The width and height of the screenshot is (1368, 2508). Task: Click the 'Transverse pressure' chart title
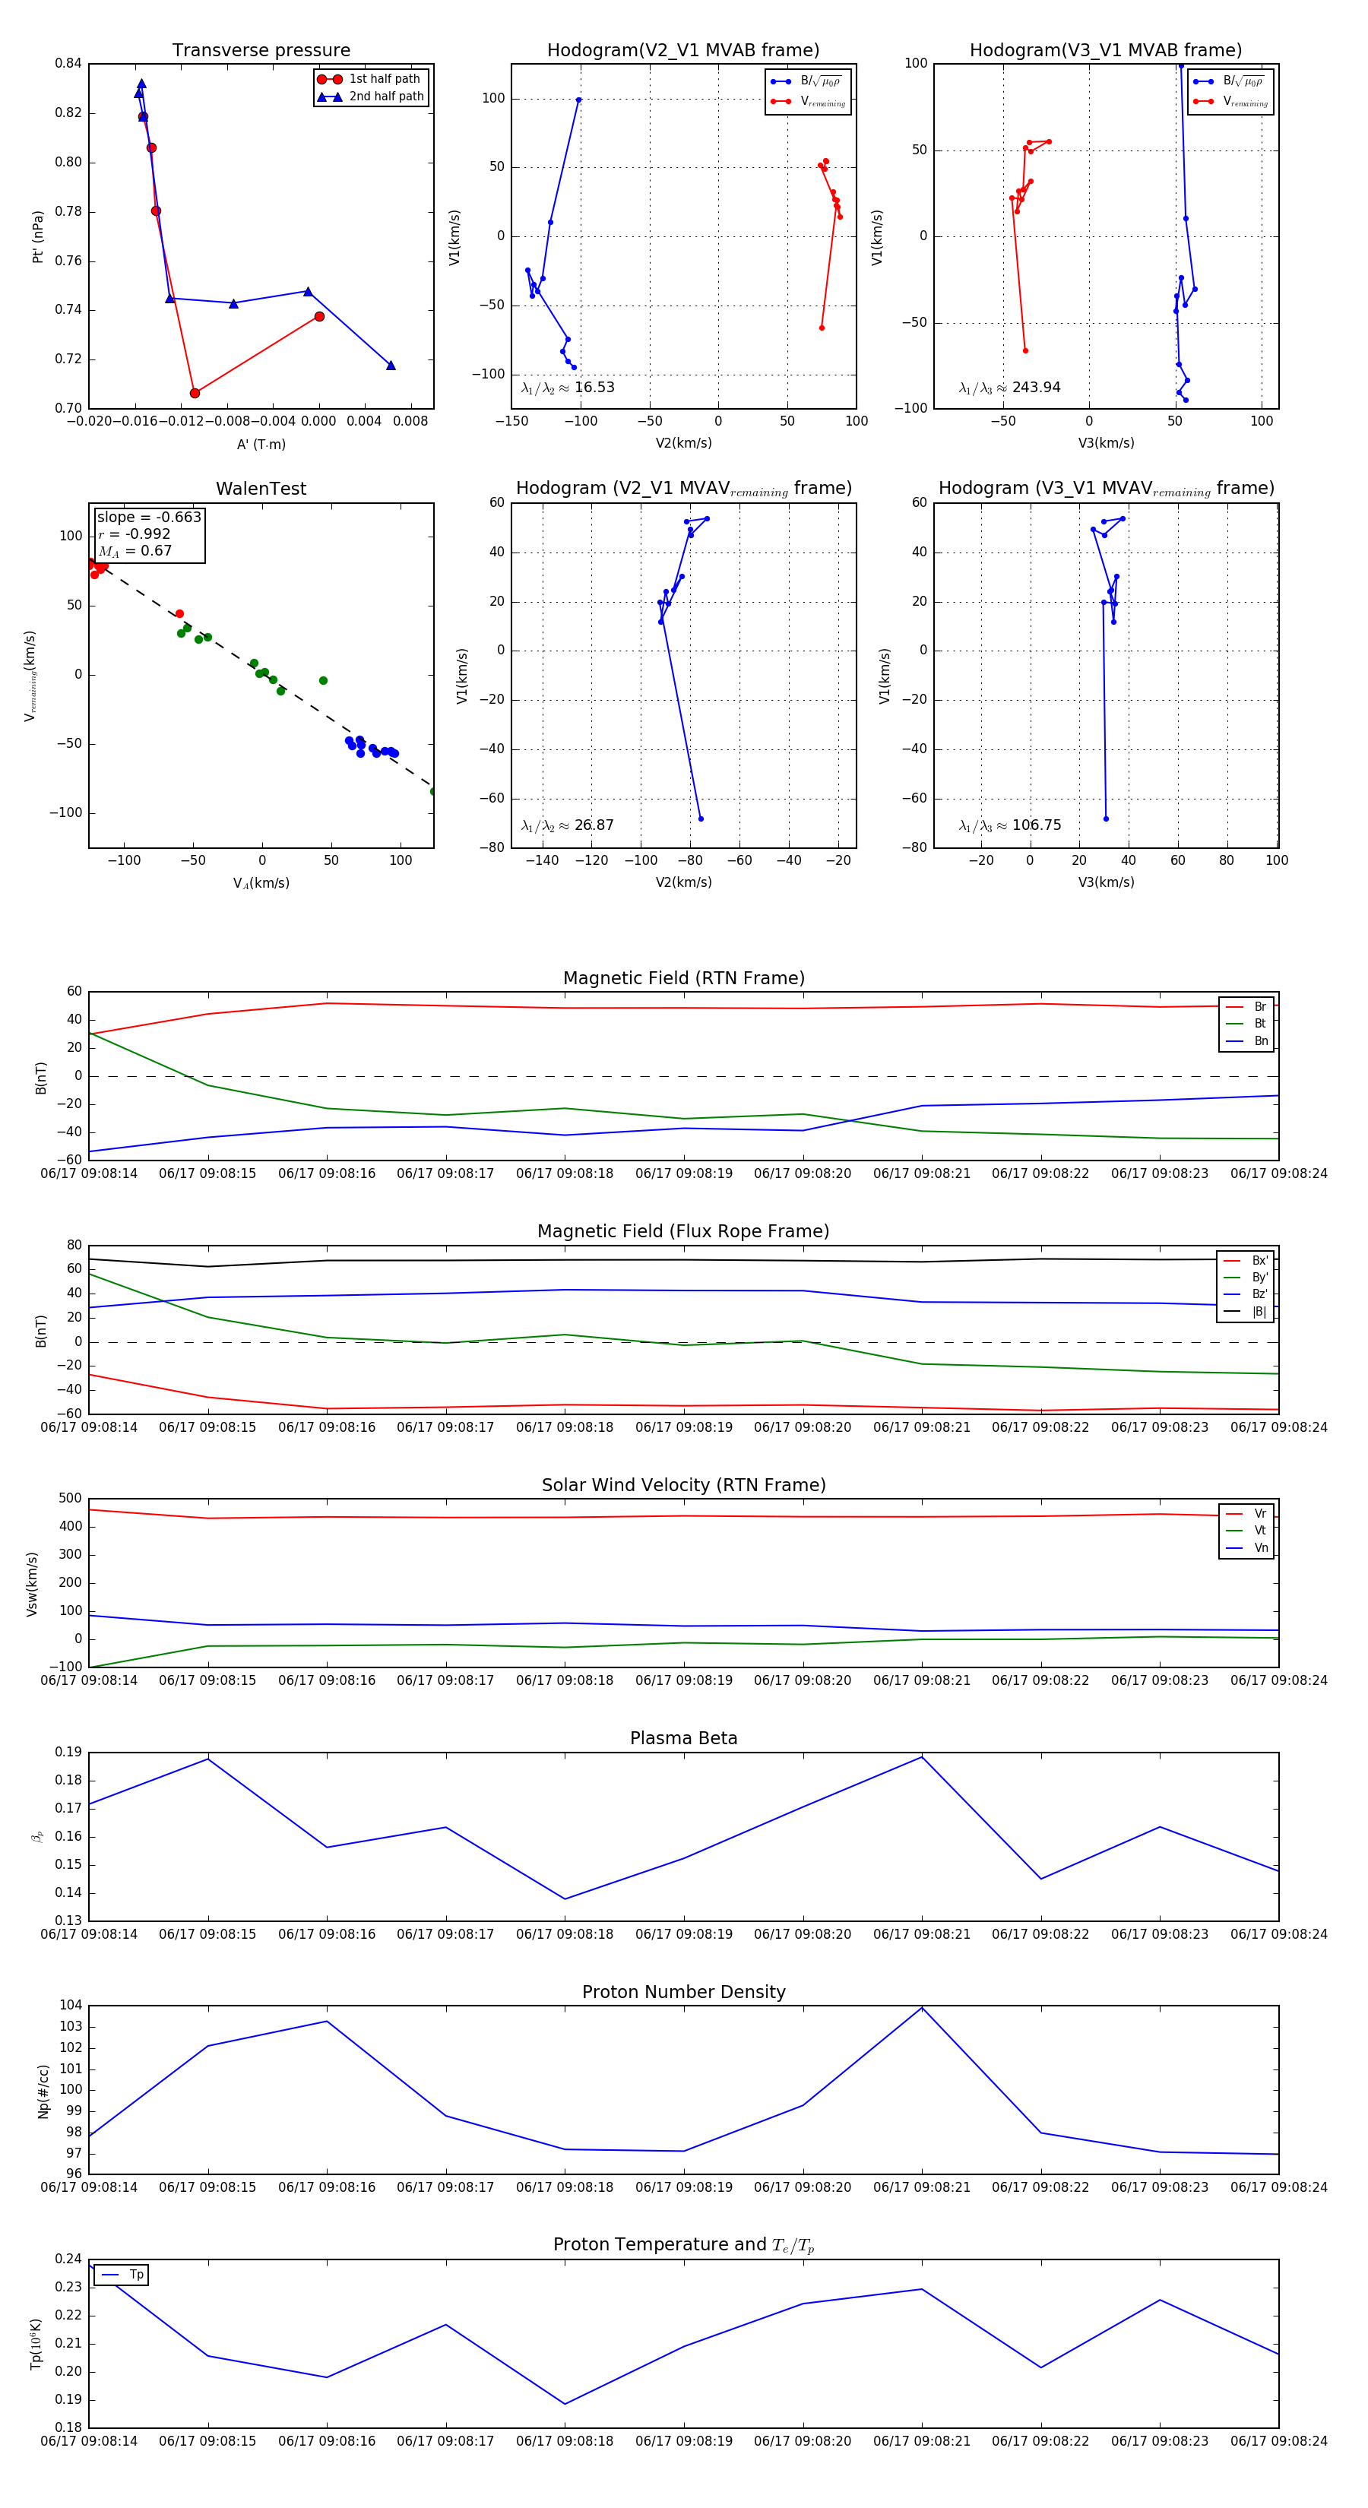(261, 51)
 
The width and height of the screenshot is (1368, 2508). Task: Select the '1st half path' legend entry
(384, 79)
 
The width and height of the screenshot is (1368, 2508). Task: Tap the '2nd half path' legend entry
(385, 97)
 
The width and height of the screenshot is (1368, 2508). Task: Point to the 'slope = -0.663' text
(149, 517)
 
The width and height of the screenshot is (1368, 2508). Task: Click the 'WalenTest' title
(261, 489)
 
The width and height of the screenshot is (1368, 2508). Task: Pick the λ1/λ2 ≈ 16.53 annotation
(568, 388)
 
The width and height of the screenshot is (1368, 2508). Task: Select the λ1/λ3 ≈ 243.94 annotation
(1010, 388)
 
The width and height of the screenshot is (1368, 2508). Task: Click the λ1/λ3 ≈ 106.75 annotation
(1010, 825)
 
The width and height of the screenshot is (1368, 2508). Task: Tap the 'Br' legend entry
(1259, 1007)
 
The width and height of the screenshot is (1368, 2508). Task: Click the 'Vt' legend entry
(1259, 1531)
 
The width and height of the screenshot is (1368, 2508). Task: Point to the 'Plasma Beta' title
(683, 1738)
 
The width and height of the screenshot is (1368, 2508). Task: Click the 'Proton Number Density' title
(683, 1992)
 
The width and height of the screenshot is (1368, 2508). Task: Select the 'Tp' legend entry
(135, 2275)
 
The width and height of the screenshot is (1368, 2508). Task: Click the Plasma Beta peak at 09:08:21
(922, 1756)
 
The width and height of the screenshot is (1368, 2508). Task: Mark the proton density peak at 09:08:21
(922, 2008)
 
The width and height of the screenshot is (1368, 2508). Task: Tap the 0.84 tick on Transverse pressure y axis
(68, 65)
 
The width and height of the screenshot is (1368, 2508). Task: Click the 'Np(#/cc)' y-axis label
(43, 2092)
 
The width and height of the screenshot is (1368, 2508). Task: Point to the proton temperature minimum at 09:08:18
(565, 2404)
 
